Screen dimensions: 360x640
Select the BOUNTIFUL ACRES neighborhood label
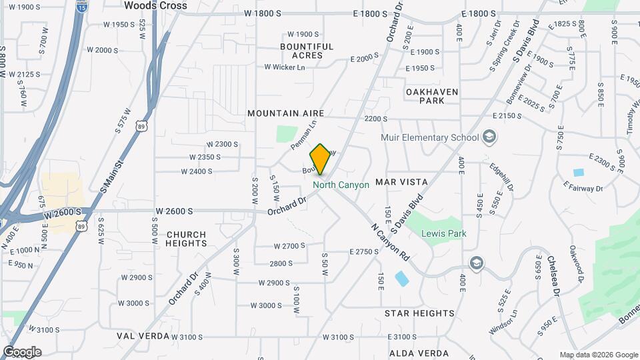307,51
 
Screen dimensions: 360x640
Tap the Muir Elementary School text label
429,138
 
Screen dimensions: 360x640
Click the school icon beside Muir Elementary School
490,137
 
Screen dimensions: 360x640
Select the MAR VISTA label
401,182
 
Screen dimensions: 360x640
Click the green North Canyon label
341,185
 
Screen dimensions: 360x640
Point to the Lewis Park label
443,234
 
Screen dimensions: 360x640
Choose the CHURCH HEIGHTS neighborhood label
186,239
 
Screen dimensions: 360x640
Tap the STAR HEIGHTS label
419,313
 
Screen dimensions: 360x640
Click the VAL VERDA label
143,337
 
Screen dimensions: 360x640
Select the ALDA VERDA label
419,353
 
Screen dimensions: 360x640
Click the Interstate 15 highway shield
81,7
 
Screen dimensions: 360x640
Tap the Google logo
22,352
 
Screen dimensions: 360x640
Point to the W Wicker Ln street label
284,67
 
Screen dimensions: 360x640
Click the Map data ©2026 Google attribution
599,355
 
